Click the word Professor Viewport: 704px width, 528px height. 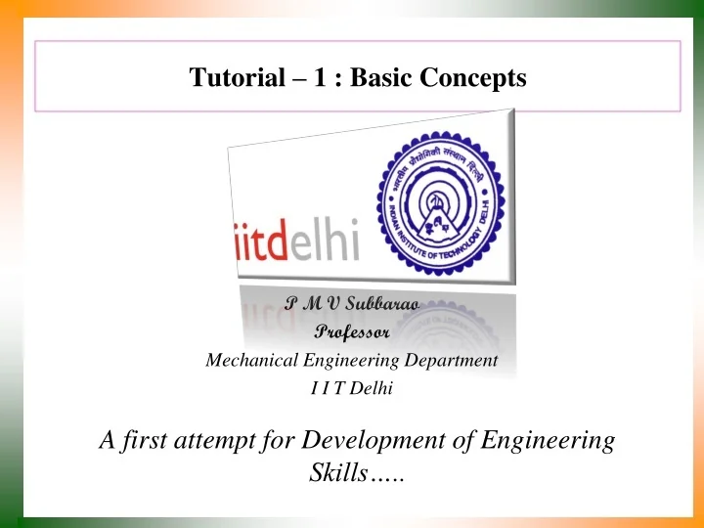(x=352, y=332)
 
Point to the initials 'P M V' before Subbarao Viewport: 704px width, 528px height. (x=310, y=305)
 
